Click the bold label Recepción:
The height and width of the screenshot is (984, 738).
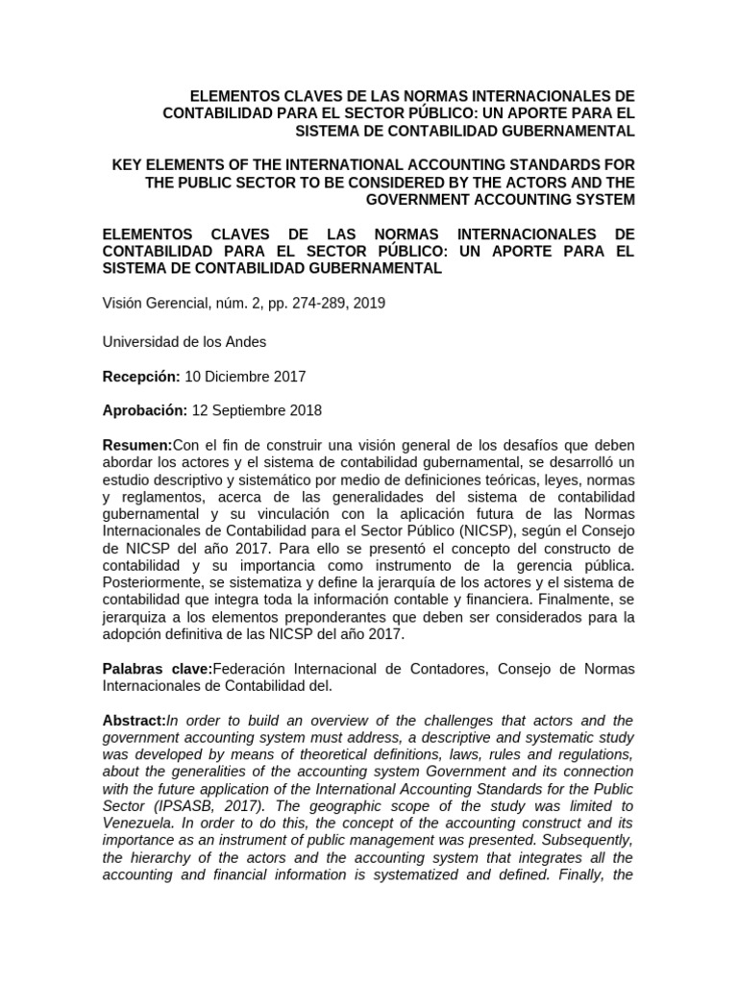141,376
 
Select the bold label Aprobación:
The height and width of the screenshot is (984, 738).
145,410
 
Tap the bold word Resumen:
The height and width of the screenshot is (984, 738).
136,445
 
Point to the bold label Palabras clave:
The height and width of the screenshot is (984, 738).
157,668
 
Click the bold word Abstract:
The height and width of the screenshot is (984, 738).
135,721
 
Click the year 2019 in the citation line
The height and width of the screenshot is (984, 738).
369,302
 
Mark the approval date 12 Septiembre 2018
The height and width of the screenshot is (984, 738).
258,410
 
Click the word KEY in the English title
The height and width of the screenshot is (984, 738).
130,166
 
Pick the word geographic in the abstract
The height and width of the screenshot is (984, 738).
351,807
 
